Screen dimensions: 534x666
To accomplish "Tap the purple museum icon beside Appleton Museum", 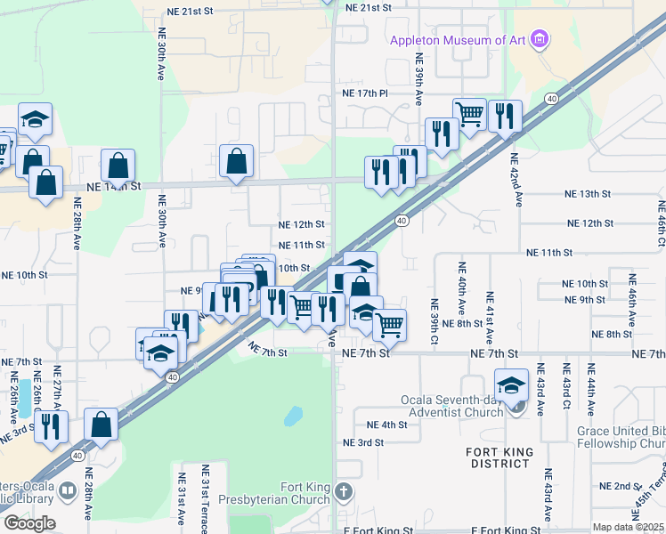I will (538, 38).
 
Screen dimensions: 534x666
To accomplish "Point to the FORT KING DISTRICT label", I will (500, 457).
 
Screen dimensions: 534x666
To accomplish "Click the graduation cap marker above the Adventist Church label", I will (512, 384).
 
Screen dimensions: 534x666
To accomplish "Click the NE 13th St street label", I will (588, 193).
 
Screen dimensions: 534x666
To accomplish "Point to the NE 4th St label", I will (386, 425).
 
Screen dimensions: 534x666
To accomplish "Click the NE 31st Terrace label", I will (206, 498).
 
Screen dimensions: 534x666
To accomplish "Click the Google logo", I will (29, 522).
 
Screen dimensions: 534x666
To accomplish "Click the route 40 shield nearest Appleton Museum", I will (553, 98).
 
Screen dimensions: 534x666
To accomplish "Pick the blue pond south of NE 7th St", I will (293, 415).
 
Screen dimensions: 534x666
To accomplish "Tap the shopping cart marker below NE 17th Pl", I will (469, 112).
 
